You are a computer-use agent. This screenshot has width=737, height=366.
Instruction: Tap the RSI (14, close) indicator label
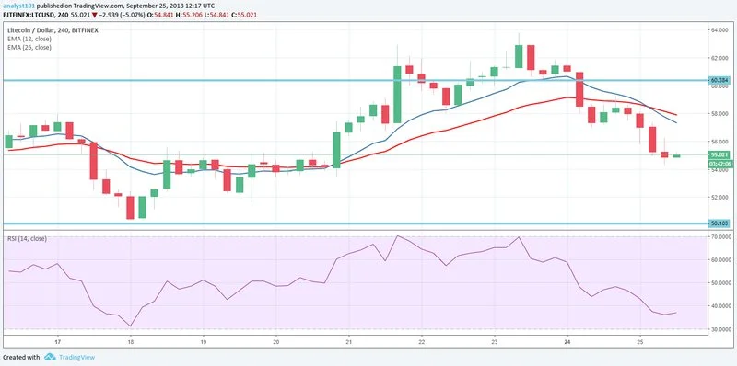click(27, 238)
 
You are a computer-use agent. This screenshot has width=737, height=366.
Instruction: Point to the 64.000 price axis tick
click(719, 29)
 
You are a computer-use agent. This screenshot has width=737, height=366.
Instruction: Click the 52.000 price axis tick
click(719, 197)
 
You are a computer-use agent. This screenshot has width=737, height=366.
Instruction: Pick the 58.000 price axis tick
click(719, 113)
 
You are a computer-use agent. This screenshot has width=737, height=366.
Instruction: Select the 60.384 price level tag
click(719, 80)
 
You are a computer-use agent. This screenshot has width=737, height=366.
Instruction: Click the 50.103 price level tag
click(719, 223)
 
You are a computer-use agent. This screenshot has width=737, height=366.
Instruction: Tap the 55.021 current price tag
click(719, 154)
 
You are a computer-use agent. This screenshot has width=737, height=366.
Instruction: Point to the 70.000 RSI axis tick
click(719, 237)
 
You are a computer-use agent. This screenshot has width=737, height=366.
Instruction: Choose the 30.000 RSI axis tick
click(719, 328)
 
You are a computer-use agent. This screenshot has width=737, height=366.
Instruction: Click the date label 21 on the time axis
click(350, 341)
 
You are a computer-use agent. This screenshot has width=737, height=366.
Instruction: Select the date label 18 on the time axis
click(131, 341)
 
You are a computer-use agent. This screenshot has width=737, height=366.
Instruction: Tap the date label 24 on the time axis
click(568, 341)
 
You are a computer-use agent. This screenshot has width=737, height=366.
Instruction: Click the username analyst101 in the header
click(18, 6)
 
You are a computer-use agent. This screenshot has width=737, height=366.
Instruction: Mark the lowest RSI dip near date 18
click(131, 326)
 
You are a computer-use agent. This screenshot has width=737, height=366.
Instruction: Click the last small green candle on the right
click(676, 155)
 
